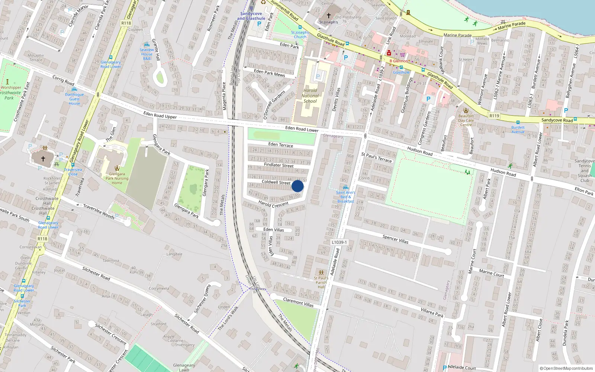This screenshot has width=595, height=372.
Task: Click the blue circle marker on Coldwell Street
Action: click(297, 186)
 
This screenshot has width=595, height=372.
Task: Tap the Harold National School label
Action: click(310, 96)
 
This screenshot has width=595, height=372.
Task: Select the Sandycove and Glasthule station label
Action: click(251, 16)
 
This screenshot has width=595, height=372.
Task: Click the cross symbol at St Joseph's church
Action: click(328, 16)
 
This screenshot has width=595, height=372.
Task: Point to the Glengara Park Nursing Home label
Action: click(117, 178)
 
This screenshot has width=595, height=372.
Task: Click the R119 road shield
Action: click(494, 116)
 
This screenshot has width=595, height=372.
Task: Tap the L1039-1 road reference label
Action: click(339, 242)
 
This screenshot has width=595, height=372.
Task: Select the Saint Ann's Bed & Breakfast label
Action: click(345, 197)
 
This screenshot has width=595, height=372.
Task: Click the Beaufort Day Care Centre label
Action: click(466, 120)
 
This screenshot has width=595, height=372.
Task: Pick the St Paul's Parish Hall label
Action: click(321, 282)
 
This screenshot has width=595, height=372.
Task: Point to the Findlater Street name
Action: click(279, 165)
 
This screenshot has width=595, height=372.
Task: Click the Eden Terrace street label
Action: click(280, 144)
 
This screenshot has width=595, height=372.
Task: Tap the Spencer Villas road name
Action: click(395, 239)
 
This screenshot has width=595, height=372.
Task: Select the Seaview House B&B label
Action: click(147, 54)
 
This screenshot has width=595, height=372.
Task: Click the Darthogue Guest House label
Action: click(74, 99)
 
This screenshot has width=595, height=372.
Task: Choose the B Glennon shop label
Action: click(399, 61)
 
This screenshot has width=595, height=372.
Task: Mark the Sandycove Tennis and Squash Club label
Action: click(585, 171)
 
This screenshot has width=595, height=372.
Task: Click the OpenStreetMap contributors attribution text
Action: click(566, 368)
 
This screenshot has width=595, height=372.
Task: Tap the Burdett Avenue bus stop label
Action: click(518, 129)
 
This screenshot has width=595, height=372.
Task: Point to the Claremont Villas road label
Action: click(298, 302)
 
